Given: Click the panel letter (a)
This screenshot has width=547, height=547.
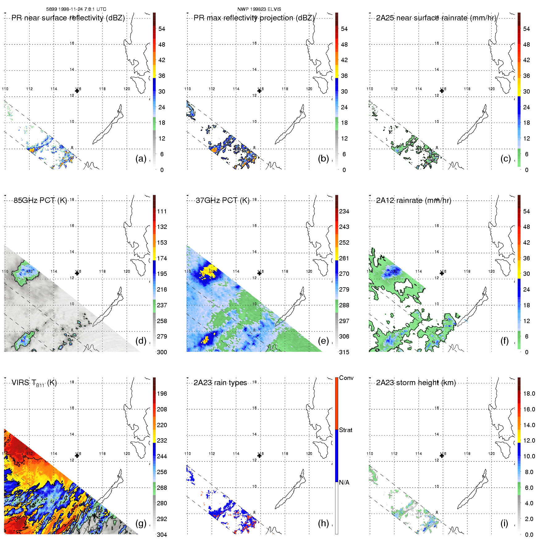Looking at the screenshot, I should click(x=141, y=158).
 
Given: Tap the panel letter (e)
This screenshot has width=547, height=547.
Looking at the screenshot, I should click(x=323, y=341).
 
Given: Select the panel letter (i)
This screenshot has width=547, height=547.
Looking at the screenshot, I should click(x=504, y=523).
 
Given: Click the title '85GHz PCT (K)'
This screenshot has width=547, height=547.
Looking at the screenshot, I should click(x=40, y=200).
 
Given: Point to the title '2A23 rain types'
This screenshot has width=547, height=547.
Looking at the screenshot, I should click(x=220, y=383).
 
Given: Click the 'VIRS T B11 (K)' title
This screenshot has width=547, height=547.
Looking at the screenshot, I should click(x=34, y=383).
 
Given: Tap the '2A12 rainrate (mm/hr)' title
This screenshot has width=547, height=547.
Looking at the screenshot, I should click(x=414, y=200).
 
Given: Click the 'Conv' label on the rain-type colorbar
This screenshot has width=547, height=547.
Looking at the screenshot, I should click(x=346, y=378).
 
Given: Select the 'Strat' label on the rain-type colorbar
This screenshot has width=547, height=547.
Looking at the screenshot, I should click(x=346, y=430).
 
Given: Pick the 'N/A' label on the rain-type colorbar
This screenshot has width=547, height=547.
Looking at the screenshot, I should click(x=344, y=482).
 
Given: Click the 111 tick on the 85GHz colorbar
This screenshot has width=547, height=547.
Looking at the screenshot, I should click(x=162, y=211).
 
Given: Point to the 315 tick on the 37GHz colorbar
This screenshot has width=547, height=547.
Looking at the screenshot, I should click(x=344, y=352).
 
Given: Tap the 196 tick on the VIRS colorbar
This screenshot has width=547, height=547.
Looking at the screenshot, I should click(x=162, y=393).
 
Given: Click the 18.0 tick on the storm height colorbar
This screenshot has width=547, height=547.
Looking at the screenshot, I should click(x=529, y=393).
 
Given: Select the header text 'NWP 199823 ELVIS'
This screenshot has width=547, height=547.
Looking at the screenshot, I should click(x=259, y=9).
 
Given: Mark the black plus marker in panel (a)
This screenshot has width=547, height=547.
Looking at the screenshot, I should click(x=77, y=91).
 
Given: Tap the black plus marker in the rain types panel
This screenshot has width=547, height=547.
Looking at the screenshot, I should click(x=259, y=456).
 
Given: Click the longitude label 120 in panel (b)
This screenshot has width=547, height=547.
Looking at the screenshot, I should click(x=309, y=89).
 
